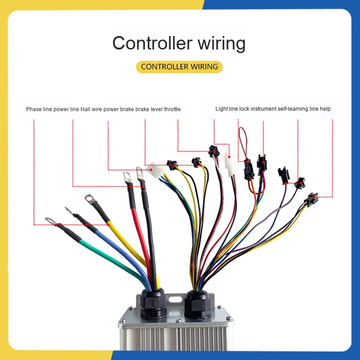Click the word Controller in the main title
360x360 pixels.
click(x=149, y=44)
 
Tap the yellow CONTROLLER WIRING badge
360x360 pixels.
click(x=179, y=67)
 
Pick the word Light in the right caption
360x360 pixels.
click(x=221, y=109)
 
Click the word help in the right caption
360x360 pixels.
click(x=325, y=109)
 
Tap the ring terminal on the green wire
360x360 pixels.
click(x=50, y=220)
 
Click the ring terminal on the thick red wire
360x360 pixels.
click(x=127, y=176)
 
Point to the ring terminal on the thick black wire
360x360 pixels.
click(x=140, y=171)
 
